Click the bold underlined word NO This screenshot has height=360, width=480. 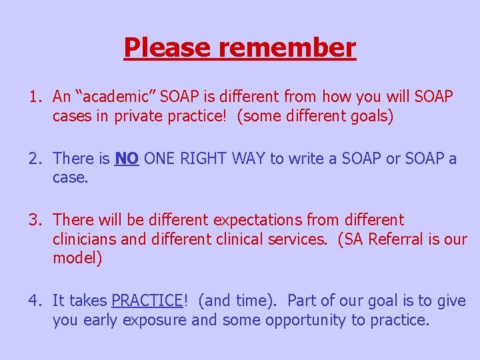coord(127,158)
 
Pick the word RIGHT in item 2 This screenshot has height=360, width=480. coord(204,158)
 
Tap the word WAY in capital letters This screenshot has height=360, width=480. coord(248,158)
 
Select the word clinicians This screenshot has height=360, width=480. coord(83,239)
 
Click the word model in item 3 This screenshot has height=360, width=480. coord(75,258)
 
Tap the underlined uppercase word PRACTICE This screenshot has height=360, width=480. coord(147,301)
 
